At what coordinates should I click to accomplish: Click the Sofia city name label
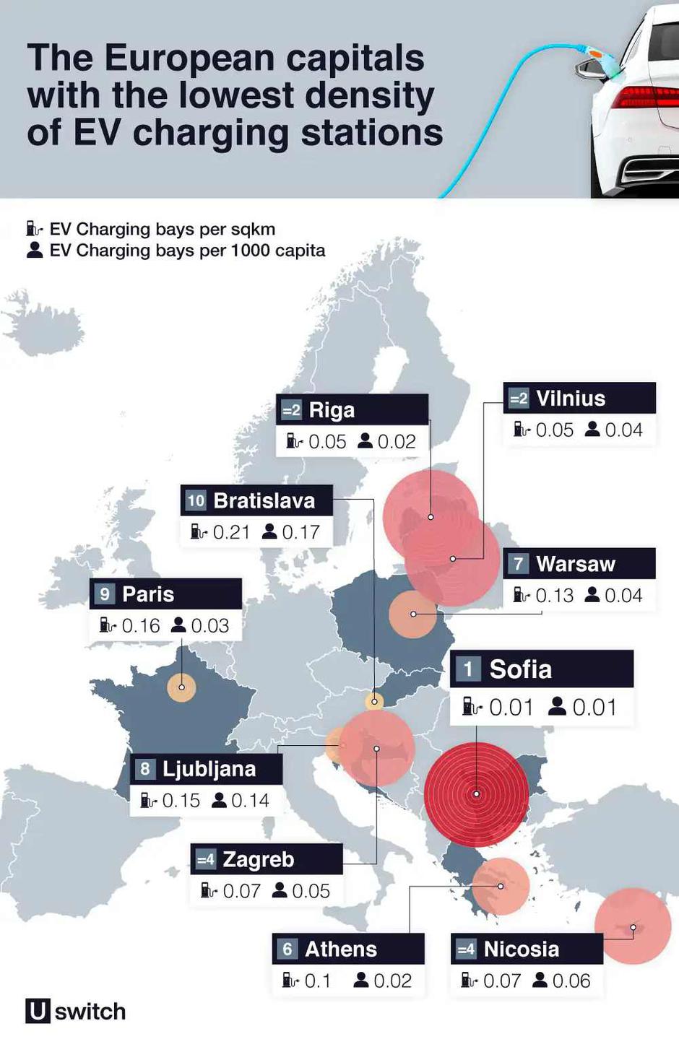click(x=520, y=669)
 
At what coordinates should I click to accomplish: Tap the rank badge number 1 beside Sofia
click(x=468, y=669)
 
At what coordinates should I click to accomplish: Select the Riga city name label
click(x=332, y=410)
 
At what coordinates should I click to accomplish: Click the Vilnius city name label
click(x=571, y=399)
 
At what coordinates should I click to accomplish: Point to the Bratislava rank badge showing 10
click(x=196, y=500)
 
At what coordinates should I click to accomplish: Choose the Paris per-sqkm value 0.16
click(x=140, y=625)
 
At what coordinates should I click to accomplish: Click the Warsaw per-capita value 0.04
click(x=623, y=595)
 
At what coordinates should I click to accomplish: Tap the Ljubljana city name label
click(x=209, y=769)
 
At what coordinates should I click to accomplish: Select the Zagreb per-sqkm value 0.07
click(x=241, y=891)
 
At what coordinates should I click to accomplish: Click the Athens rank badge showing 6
click(x=287, y=949)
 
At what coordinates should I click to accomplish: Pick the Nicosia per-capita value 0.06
click(x=571, y=981)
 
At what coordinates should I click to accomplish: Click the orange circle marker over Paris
click(x=181, y=687)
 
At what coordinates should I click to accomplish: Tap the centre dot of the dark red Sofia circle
click(x=477, y=794)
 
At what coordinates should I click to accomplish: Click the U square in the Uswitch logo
click(x=38, y=1011)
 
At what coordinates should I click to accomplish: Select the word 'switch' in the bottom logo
click(x=90, y=1012)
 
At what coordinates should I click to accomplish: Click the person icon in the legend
click(x=34, y=250)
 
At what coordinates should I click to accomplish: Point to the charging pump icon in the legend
click(x=34, y=229)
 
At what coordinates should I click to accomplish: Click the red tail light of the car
click(x=645, y=97)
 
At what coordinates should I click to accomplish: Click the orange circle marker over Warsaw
click(x=412, y=614)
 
